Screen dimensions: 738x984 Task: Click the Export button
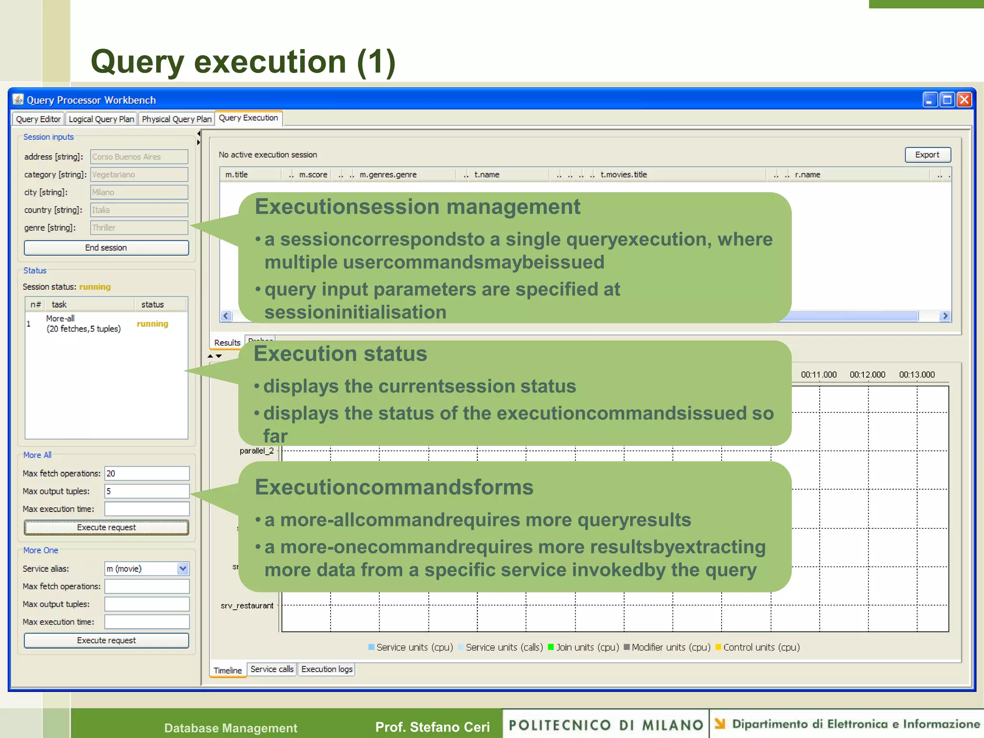coord(927,155)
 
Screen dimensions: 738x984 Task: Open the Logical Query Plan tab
coord(101,119)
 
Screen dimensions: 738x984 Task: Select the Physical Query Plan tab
coord(176,119)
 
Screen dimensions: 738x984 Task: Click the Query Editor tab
coord(38,119)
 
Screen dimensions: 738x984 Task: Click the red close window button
coord(964,99)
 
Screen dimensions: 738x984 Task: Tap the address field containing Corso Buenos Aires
coord(139,157)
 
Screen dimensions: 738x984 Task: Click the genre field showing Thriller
coord(139,228)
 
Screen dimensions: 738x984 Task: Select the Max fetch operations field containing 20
coord(147,473)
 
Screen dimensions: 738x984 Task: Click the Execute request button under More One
coord(106,640)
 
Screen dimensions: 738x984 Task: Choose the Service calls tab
coord(272,669)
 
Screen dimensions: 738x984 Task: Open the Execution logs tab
coord(327,669)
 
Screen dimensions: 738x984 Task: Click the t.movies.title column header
coord(624,174)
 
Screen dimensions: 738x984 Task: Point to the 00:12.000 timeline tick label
coord(867,375)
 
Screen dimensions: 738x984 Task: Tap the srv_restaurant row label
coord(247,605)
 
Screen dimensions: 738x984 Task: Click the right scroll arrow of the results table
coord(945,316)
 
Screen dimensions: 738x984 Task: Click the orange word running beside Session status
coord(95,287)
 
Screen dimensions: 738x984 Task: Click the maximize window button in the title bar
coord(947,99)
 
